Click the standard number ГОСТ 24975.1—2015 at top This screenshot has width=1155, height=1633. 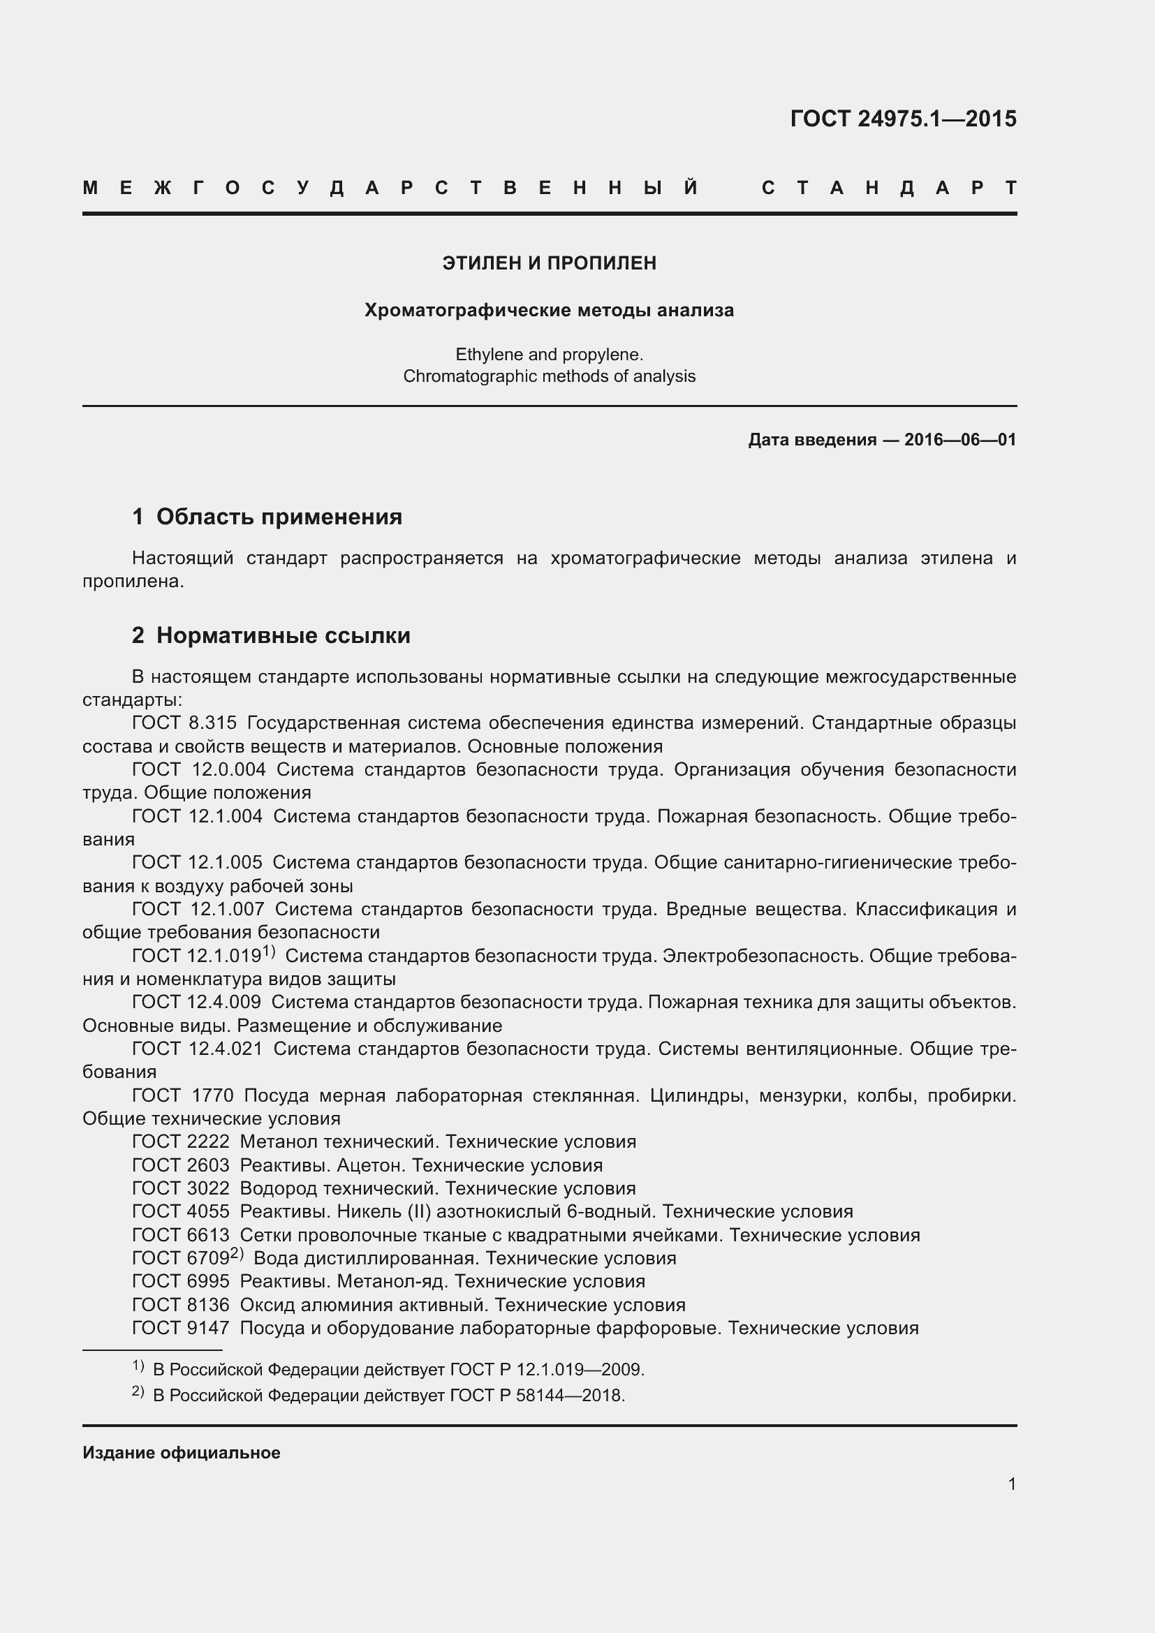tap(902, 118)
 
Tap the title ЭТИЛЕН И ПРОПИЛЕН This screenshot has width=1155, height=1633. tap(549, 263)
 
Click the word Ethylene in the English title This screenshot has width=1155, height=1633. tap(489, 354)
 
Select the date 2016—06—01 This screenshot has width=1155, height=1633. tap(959, 440)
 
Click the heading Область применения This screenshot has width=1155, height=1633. tap(279, 517)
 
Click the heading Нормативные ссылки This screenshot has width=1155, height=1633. tap(283, 635)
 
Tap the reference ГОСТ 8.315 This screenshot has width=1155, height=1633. tap(184, 723)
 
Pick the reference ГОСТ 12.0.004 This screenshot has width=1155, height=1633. tap(198, 769)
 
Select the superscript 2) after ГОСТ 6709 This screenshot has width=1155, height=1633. tap(237, 1253)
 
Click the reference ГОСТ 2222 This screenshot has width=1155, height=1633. tap(181, 1141)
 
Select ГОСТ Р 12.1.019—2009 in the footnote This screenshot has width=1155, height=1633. tap(546, 1369)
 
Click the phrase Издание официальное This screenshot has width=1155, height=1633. tap(182, 1452)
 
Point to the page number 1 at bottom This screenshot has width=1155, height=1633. tap(1011, 1484)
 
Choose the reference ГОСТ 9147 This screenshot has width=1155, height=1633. tap(181, 1328)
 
